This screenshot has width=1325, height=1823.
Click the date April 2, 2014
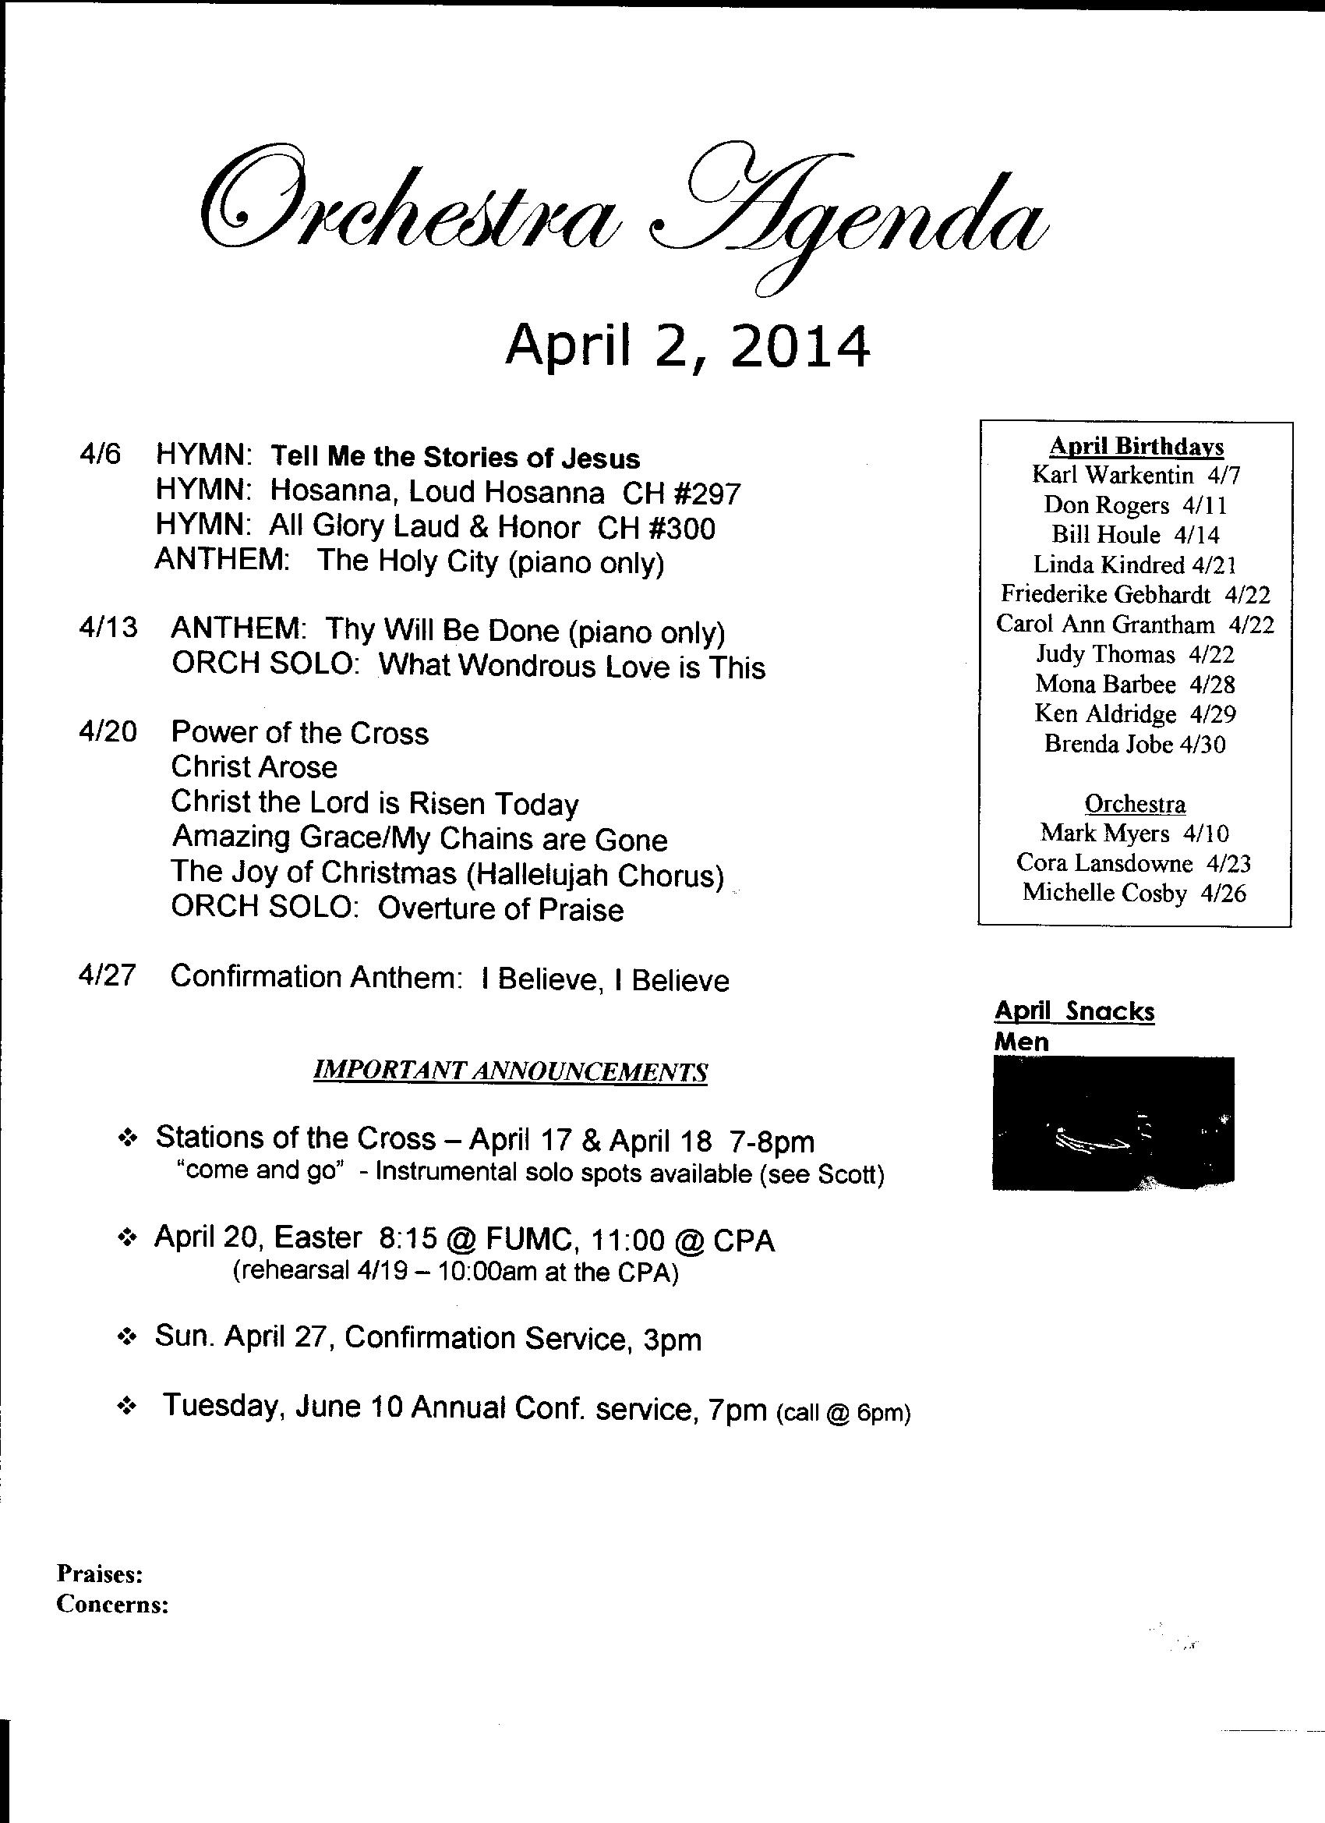[687, 346]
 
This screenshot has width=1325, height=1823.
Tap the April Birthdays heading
[1136, 447]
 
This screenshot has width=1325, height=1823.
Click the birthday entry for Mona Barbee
[1135, 684]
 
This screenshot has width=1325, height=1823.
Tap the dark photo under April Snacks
[1113, 1124]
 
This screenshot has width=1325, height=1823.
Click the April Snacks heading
[1074, 1011]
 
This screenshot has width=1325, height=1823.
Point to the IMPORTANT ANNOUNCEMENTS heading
[511, 1071]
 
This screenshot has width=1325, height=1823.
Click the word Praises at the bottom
[100, 1571]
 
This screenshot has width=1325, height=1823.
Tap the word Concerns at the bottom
[112, 1605]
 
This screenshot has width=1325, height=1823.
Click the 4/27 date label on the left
[108, 975]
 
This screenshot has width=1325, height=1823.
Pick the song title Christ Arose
[254, 766]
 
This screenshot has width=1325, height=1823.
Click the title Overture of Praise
[500, 909]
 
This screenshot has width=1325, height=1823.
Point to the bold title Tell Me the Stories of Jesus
[455, 458]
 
